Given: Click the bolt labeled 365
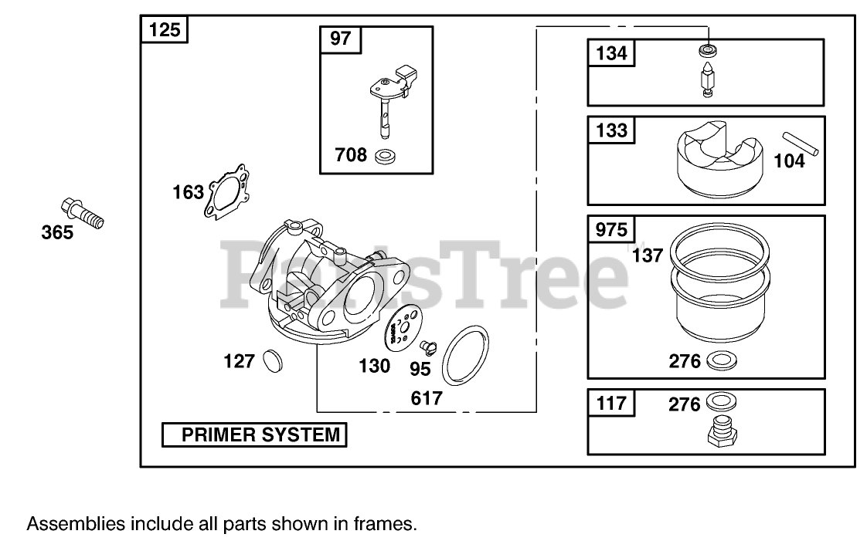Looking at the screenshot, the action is [81, 212].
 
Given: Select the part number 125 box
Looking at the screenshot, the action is [164, 30].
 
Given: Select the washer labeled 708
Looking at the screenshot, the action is [384, 157].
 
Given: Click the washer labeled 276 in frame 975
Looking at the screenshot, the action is [721, 360].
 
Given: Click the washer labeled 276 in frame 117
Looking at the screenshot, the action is [720, 401].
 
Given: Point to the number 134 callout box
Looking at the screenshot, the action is [612, 55].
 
